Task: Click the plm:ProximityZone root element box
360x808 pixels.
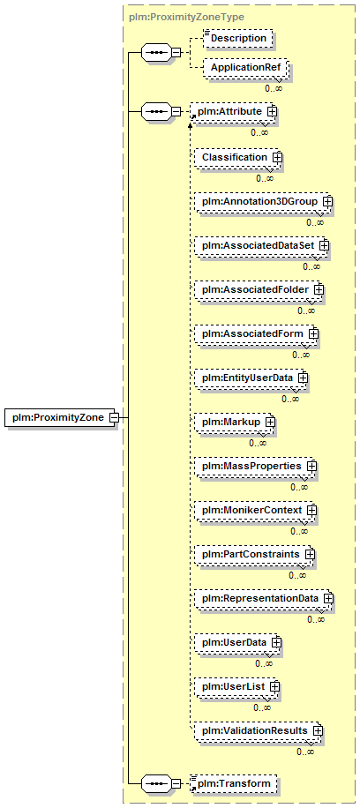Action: tap(60, 417)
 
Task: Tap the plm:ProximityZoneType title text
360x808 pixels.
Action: tap(187, 17)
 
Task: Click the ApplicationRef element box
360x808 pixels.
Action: tap(244, 68)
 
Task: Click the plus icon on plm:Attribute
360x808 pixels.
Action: tap(271, 112)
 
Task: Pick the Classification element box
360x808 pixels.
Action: tap(238, 157)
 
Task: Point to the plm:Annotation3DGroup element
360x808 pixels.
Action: tap(263, 201)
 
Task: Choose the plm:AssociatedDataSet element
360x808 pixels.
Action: tap(261, 246)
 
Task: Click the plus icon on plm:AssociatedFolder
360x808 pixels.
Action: tap(319, 290)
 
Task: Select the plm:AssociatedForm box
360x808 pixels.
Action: tap(257, 334)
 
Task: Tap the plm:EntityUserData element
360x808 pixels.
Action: tap(251, 378)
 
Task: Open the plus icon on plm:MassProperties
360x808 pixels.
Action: tap(311, 466)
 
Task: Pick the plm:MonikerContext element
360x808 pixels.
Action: tap(255, 510)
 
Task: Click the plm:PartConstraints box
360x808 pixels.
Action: tap(254, 555)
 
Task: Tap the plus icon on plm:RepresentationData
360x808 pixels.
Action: tap(328, 599)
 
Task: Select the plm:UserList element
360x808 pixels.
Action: tap(236, 687)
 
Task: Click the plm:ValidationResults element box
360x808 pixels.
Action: tap(259, 731)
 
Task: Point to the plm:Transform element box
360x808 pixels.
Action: tap(236, 784)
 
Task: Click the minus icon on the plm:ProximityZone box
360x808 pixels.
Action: tap(115, 417)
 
